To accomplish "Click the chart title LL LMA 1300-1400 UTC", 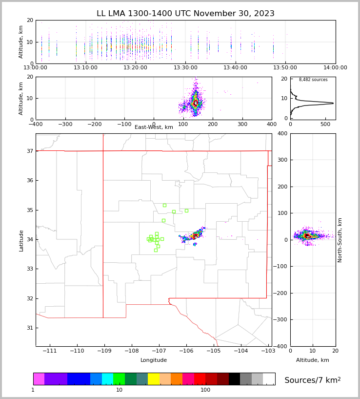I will click(x=185, y=14).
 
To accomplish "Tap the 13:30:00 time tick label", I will click(x=185, y=68).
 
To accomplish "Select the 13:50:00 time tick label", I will click(x=285, y=68).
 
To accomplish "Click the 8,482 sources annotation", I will click(x=313, y=80).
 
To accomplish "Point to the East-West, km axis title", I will click(x=154, y=127).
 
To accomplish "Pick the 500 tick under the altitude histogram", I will click(x=325, y=124).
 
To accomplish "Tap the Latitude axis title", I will click(x=21, y=240).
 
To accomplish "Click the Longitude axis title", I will click(x=154, y=360).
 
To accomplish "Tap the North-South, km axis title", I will click(x=340, y=240).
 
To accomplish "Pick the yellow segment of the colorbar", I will click(x=154, y=379).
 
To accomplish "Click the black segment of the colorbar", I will click(x=234, y=379).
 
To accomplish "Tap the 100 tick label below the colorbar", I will click(x=205, y=390).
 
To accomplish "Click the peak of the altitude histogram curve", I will click(x=333, y=103).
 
